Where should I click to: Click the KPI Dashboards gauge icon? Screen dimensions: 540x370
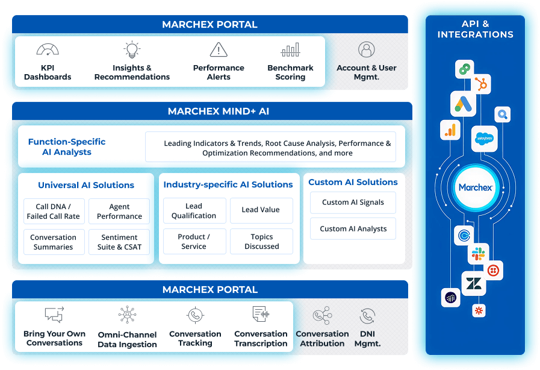48,49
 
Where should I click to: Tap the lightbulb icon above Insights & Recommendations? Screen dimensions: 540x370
132,49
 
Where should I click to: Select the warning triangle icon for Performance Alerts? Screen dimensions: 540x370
219,49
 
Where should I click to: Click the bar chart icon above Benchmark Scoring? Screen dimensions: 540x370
290,49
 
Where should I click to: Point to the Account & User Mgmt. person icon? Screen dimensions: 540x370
367,49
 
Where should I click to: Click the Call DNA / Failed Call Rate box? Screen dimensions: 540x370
54,212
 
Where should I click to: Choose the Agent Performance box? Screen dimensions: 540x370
119,212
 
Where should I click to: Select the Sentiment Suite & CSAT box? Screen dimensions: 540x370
119,242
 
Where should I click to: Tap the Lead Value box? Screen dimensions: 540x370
261,210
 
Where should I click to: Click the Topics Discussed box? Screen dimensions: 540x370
261,242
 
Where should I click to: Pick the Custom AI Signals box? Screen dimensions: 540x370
353,202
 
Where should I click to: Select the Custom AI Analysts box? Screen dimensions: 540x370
353,228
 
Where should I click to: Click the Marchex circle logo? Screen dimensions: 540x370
476,187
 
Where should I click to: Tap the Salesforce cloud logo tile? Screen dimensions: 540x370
484,139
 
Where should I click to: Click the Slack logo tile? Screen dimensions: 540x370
479,254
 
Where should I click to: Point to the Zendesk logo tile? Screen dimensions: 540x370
474,283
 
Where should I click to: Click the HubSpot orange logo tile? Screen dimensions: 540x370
481,84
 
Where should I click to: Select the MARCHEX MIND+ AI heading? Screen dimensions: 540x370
219,111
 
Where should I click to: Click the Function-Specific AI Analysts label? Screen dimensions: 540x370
67,147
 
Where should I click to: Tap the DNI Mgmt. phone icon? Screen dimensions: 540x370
367,316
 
